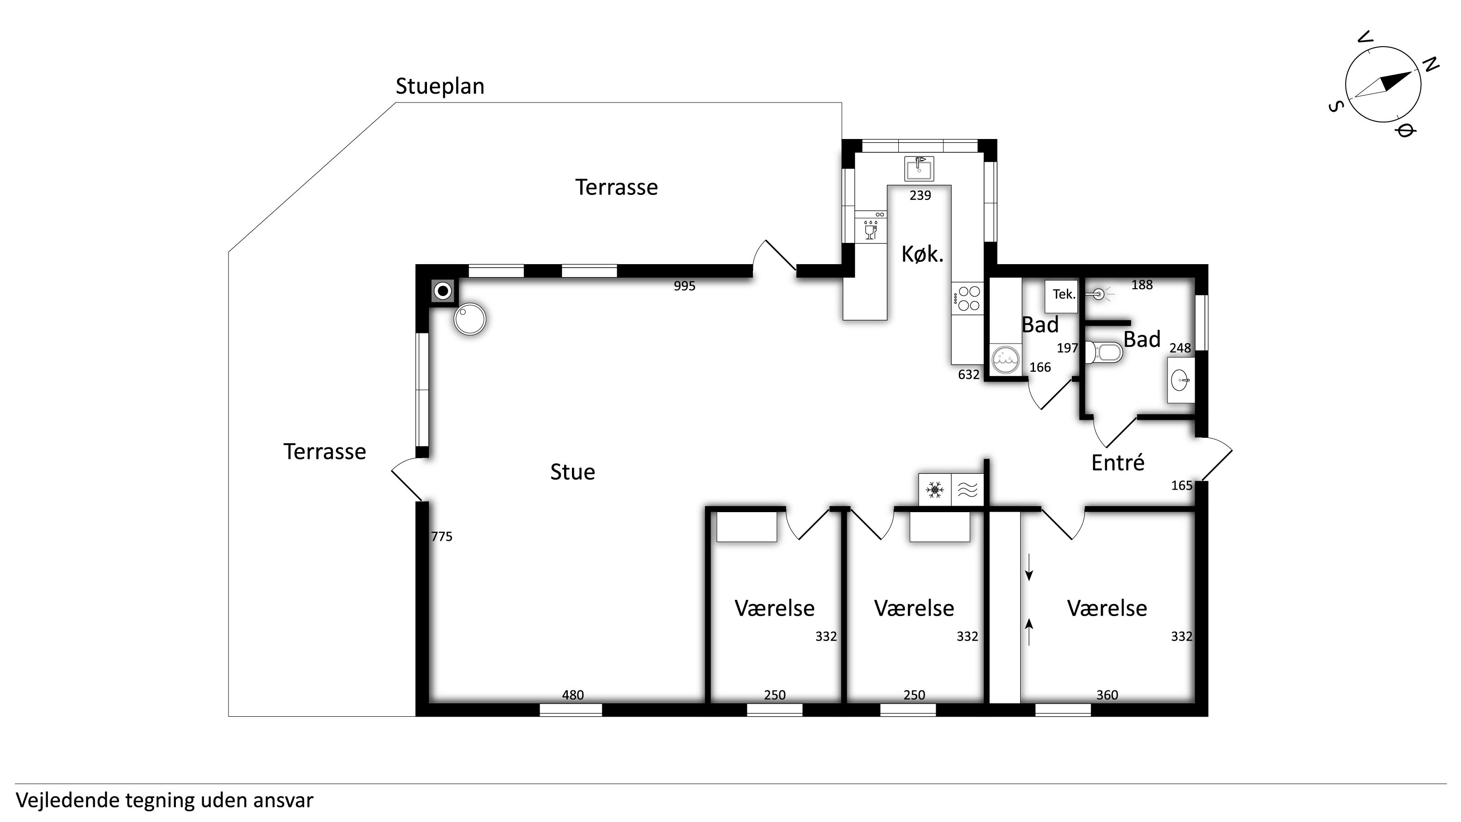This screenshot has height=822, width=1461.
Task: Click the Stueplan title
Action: point(439,87)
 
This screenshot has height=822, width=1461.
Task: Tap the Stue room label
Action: point(572,472)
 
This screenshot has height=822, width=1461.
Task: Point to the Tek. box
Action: point(1061,296)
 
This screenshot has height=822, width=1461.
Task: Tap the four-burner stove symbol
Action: point(967,298)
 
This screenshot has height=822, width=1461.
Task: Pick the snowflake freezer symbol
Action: point(935,489)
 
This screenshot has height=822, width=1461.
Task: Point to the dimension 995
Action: point(685,286)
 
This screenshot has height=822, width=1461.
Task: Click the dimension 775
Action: point(442,537)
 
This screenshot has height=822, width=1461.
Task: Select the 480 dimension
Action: point(573,695)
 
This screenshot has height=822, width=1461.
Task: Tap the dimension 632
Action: point(969,375)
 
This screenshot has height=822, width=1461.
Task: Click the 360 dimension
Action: point(1107,695)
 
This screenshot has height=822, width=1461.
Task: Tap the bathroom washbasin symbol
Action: point(1181,380)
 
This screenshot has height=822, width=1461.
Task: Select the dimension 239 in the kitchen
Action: point(920,195)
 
